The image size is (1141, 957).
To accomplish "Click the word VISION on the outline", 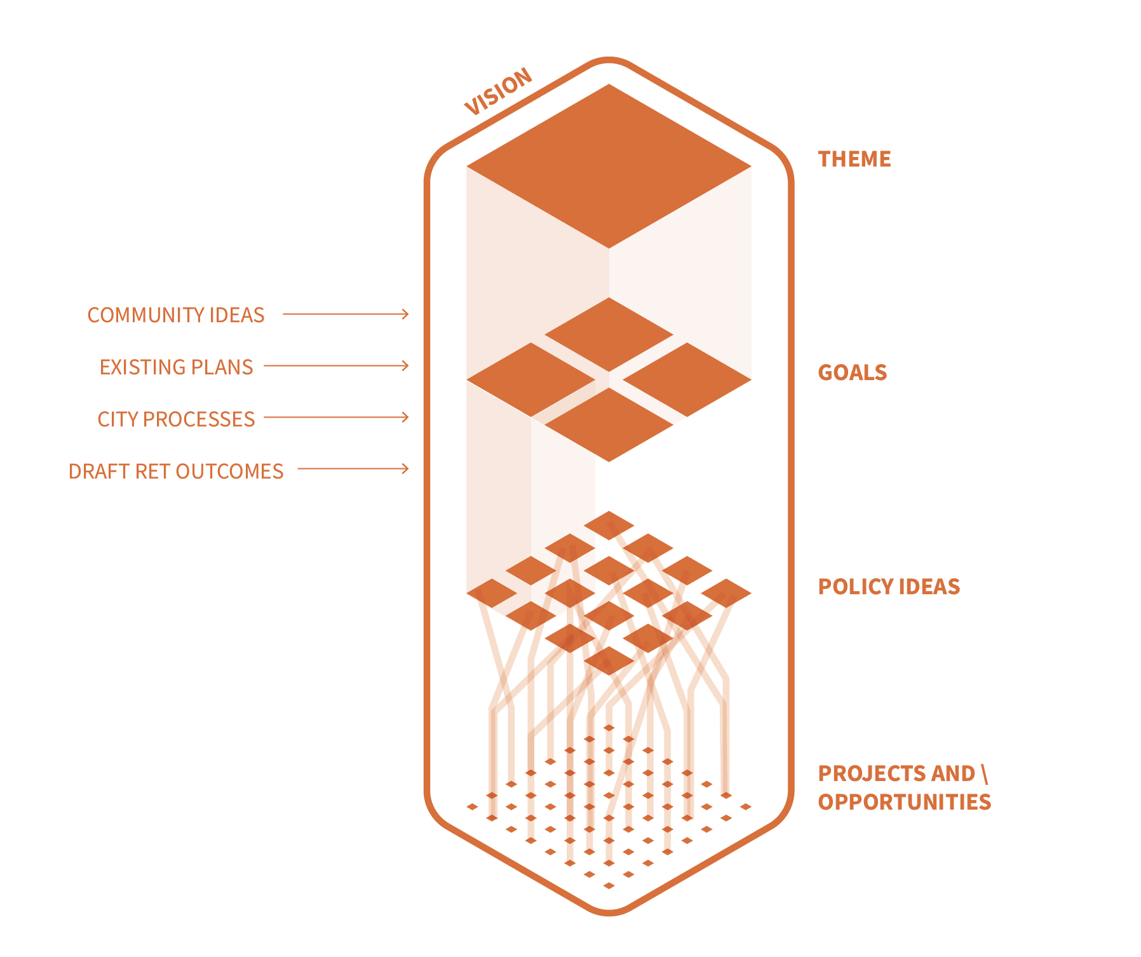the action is click(x=499, y=92).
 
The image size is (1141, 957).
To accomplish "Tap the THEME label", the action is click(x=854, y=159).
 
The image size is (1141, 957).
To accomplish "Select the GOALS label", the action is click(x=852, y=372).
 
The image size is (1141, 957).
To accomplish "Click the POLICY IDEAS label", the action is click(x=889, y=587).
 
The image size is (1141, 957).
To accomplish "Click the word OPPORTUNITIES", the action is click(x=905, y=802).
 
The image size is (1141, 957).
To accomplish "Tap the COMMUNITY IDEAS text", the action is click(x=176, y=315).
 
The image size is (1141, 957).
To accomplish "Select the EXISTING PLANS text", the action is click(x=176, y=367).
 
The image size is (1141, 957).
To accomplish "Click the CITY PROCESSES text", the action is click(x=176, y=419).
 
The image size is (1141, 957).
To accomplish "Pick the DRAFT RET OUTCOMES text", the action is click(x=176, y=472).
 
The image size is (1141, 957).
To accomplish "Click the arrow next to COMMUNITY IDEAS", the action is click(x=346, y=314).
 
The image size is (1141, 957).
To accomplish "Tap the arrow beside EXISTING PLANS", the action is click(x=336, y=365).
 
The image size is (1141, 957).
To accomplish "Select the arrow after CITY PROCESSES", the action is click(x=336, y=417).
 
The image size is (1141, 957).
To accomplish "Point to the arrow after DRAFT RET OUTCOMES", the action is click(x=353, y=469).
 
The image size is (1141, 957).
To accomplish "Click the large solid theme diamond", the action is click(x=609, y=166).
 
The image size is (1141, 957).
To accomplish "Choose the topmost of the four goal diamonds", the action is click(x=609, y=334).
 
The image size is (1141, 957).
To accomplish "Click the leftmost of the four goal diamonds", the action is click(x=531, y=380).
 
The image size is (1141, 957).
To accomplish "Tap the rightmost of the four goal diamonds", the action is click(x=687, y=380).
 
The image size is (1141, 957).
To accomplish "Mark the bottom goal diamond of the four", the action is click(x=609, y=424).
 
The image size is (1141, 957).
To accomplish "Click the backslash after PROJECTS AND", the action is click(x=984, y=774).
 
